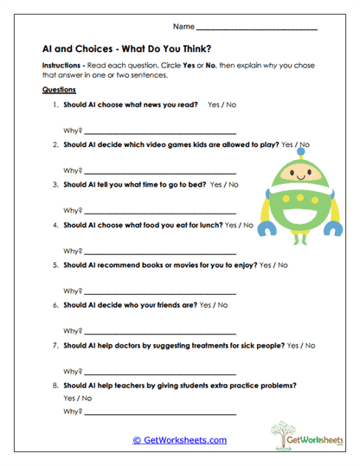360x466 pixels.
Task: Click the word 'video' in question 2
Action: click(157, 144)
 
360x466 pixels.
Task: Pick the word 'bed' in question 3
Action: click(196, 184)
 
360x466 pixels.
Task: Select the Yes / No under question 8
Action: click(77, 398)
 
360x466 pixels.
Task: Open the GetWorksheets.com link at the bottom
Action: click(180, 440)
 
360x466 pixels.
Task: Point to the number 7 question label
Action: click(56, 345)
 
